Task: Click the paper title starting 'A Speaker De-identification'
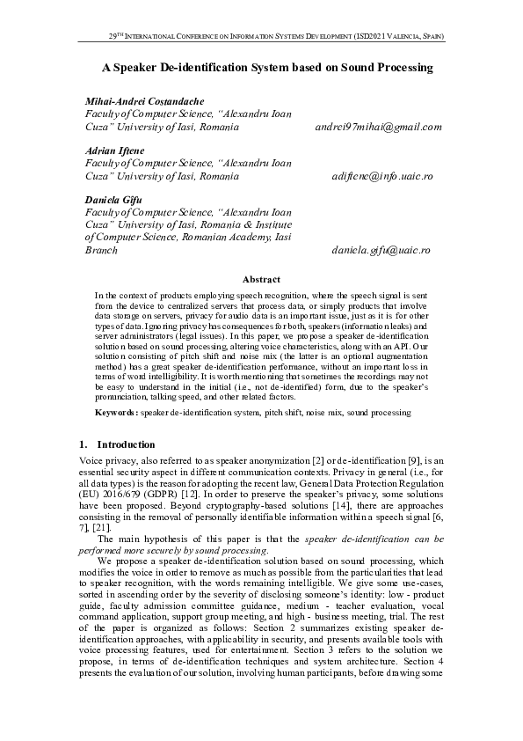[x=267, y=67]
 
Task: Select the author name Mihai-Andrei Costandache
[x=143, y=101]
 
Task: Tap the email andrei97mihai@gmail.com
[x=378, y=128]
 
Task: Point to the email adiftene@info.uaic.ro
[x=382, y=176]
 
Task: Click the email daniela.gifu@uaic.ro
[x=381, y=251]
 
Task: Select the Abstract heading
[x=261, y=279]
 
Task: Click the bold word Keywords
[x=115, y=412]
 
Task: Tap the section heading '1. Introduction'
[x=117, y=444]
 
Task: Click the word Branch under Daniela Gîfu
[x=100, y=251]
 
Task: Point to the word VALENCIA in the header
[x=402, y=37]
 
